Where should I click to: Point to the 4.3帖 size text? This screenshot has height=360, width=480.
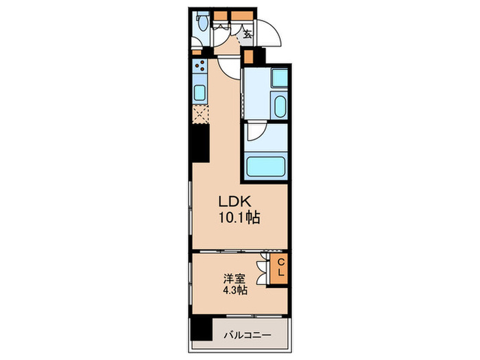234,291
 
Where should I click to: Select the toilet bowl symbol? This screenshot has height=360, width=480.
202,23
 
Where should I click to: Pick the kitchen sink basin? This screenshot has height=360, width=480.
200,92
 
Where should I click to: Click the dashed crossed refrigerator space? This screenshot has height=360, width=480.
200,114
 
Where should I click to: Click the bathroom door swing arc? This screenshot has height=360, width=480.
257,132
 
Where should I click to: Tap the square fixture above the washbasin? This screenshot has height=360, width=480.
280,80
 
